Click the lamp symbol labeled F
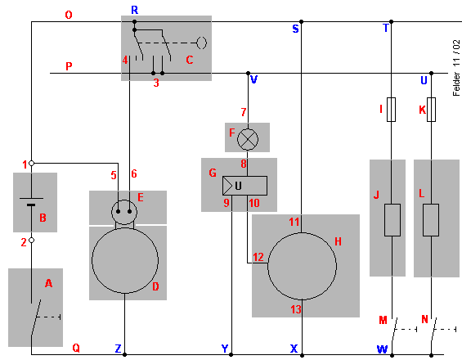point(248,139)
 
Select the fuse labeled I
point(391,110)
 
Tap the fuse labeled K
point(431,110)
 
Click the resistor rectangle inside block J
point(392,220)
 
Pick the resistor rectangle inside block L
point(431,220)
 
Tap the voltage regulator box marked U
point(244,186)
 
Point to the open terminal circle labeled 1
point(32,163)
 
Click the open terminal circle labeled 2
point(32,241)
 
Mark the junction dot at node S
point(301,21)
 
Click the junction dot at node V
point(248,73)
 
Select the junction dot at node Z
point(124,355)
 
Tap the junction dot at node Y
point(231,355)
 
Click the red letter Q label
point(76,349)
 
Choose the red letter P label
point(69,66)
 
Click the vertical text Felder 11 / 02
point(456,68)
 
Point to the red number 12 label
point(258,257)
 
